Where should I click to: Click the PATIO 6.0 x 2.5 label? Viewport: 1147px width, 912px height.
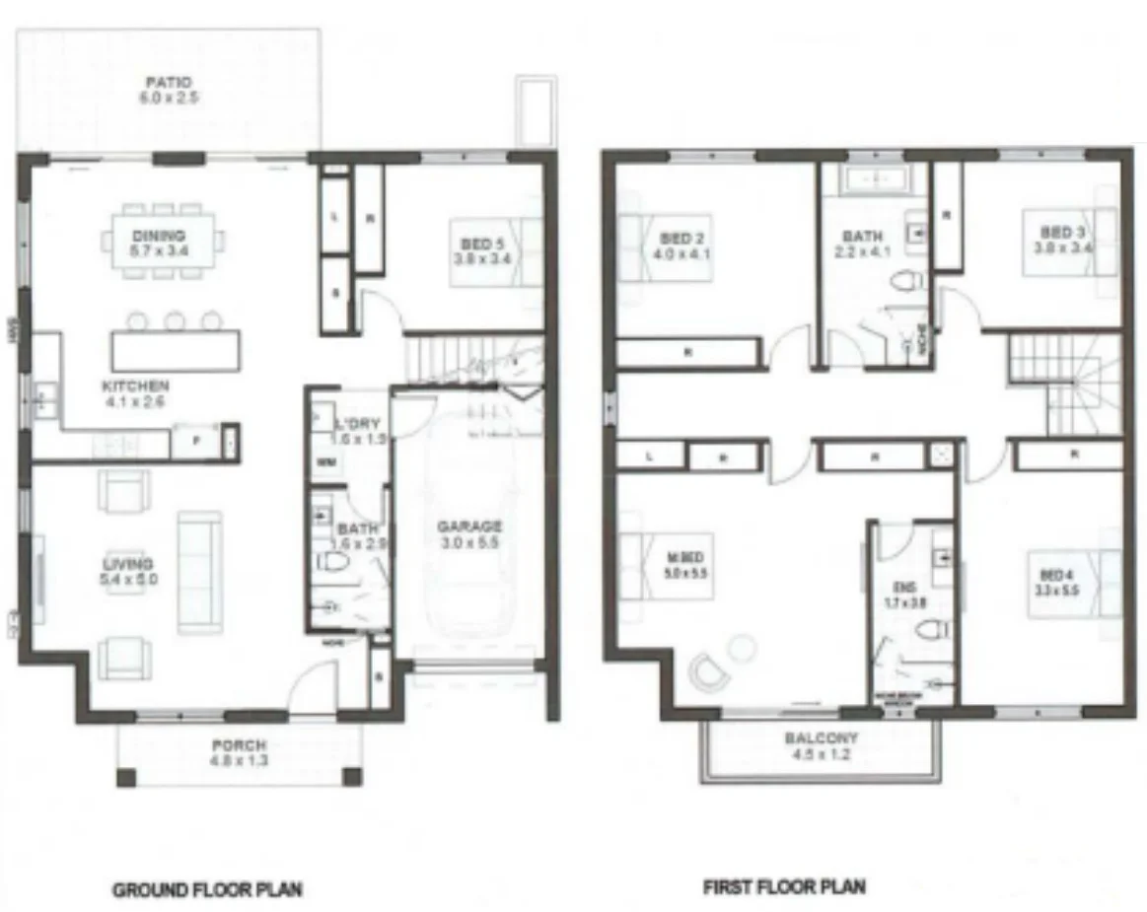coord(166,91)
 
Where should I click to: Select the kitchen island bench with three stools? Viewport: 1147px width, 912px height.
coord(176,350)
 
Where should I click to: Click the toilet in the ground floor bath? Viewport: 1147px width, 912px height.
coord(333,563)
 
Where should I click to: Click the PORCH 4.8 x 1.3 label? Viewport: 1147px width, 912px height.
coord(238,753)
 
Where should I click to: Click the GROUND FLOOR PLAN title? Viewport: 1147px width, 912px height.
coord(207,889)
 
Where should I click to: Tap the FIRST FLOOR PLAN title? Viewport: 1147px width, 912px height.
coord(784,886)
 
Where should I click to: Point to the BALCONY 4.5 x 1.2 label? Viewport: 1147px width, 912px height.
coord(821,745)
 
